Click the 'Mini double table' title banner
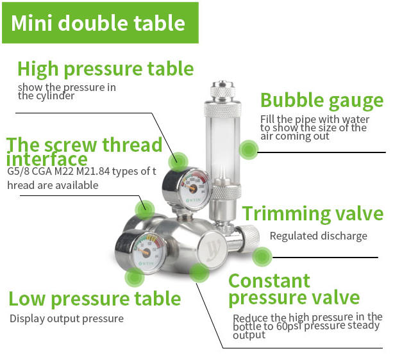coord(100,23)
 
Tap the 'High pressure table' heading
coord(105,69)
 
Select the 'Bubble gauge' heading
coord(322,101)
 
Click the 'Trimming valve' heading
coord(313,214)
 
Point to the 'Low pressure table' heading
coord(95,299)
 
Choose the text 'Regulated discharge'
coord(319,236)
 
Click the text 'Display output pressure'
coord(67,319)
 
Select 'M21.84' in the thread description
coord(93,171)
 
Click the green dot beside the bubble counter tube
coord(249,149)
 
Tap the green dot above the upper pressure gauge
coord(178,161)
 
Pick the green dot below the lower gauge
coord(135,277)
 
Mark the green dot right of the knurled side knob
coord(262,257)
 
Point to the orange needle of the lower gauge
coord(145,252)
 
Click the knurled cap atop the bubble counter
coord(222,89)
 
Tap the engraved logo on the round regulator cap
coord(212,250)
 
